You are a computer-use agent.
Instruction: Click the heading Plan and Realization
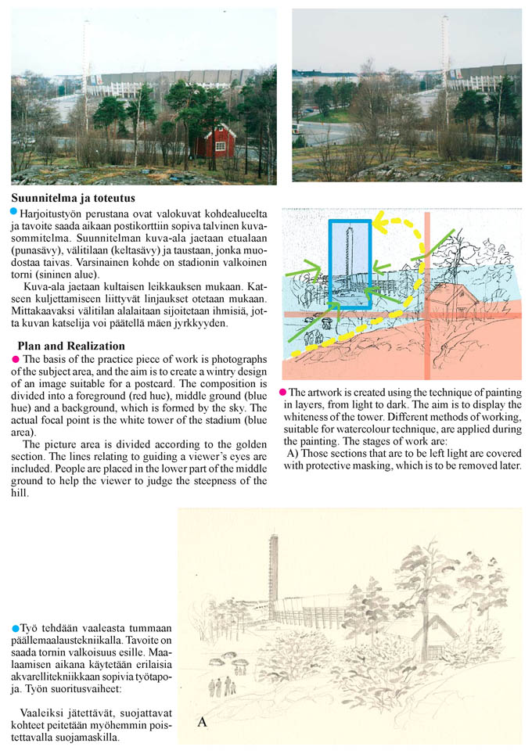(x=70, y=346)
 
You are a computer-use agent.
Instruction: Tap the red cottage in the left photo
(x=214, y=141)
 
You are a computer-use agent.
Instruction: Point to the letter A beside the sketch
(x=202, y=722)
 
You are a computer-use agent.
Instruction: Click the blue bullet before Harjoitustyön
(x=13, y=212)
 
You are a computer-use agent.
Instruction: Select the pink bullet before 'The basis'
(x=13, y=357)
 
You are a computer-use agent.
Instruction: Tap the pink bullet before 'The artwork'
(x=282, y=391)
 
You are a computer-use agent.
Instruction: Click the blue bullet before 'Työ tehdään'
(x=16, y=628)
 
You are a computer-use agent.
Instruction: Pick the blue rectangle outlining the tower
(x=350, y=266)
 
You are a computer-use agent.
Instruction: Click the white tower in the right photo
(x=444, y=70)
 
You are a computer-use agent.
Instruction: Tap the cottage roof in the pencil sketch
(x=440, y=626)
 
